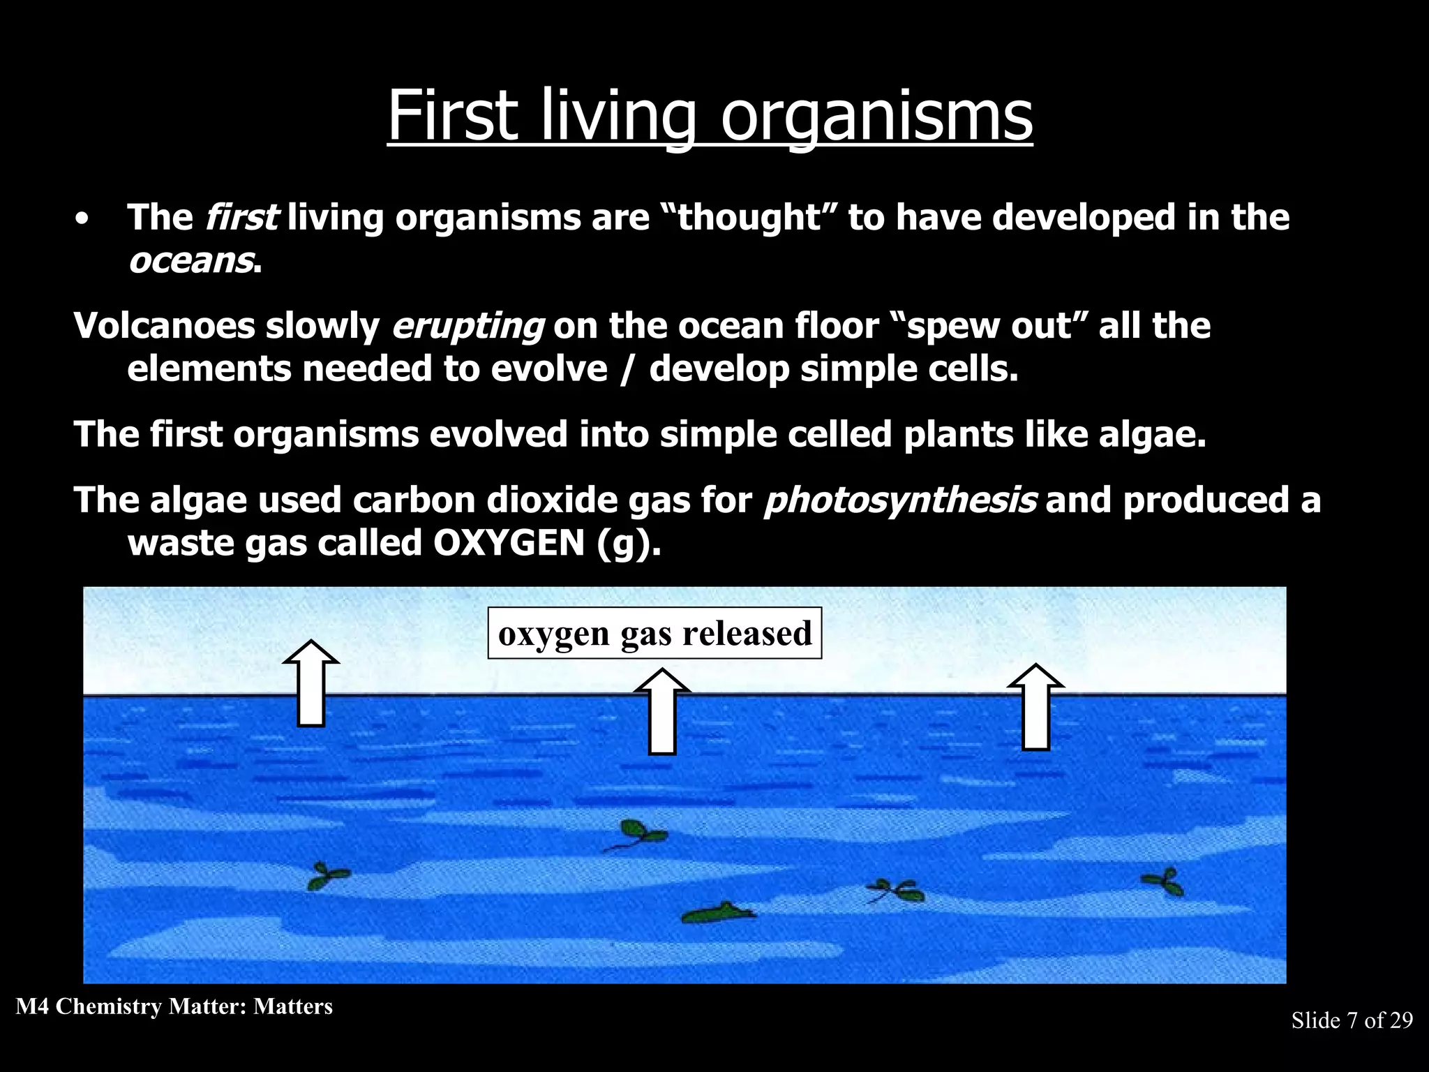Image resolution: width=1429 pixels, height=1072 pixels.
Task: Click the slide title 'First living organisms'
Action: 710,115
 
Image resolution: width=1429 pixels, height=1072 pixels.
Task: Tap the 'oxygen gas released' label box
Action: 654,634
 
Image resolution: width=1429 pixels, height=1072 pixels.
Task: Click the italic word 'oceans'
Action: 190,260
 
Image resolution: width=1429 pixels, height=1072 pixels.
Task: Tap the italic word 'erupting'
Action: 467,326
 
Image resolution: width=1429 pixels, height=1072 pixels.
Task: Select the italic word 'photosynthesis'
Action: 900,500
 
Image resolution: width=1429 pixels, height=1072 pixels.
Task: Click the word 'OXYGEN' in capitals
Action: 509,543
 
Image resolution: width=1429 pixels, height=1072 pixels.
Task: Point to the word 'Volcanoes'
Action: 164,326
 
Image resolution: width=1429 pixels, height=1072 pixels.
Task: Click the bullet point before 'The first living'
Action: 83,218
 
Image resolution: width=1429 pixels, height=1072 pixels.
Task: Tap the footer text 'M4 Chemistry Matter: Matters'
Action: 174,1006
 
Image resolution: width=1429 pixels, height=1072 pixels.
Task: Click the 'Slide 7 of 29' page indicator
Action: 1352,1020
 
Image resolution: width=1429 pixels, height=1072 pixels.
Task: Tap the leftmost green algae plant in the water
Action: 327,876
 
